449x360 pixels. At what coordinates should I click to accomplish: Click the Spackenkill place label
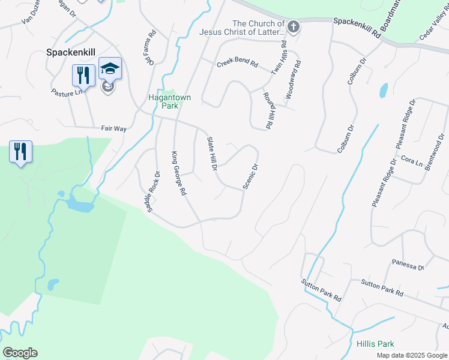(72, 52)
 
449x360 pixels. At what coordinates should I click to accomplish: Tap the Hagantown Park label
(163, 100)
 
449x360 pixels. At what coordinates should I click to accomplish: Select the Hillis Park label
(375, 344)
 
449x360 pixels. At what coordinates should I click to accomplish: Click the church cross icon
(293, 26)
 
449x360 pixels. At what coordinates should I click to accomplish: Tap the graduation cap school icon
(110, 68)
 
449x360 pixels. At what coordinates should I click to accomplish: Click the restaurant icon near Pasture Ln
(82, 74)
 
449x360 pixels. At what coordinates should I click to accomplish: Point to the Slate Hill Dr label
(211, 154)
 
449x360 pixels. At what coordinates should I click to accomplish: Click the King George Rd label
(179, 173)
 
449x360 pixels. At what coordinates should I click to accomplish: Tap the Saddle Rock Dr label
(153, 191)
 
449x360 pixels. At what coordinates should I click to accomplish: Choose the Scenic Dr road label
(250, 177)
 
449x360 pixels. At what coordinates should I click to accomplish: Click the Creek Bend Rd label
(237, 63)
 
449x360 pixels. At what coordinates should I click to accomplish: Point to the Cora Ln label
(411, 162)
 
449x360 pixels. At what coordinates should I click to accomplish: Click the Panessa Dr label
(408, 264)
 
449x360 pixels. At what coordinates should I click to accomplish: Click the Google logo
(20, 353)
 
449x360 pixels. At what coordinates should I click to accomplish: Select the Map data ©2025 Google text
(412, 355)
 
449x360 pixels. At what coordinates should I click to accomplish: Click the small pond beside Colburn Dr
(383, 90)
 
